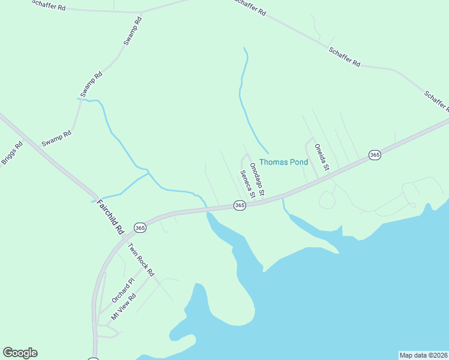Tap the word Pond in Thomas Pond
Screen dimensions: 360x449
point(298,162)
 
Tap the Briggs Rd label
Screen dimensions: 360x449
point(11,153)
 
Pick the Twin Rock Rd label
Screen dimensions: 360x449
point(140,259)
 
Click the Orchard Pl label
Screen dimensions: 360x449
point(124,290)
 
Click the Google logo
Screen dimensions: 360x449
point(20,353)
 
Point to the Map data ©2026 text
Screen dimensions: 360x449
point(423,355)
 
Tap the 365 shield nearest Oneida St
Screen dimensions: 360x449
point(375,155)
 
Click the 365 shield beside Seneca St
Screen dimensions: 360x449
point(240,206)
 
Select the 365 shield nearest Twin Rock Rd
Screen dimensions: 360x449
point(140,228)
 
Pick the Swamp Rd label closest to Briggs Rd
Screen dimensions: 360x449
point(56,140)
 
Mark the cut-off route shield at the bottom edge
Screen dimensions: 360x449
point(93,359)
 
